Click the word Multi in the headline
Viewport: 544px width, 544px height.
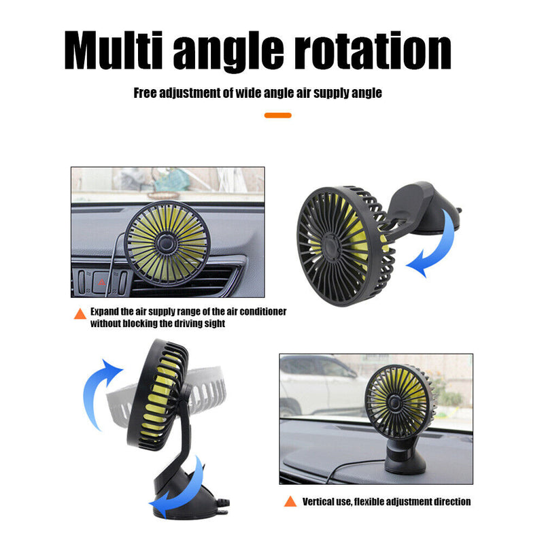[x=114, y=50]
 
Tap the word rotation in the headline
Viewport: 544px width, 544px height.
[x=373, y=50]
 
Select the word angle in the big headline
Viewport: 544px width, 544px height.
[x=228, y=52]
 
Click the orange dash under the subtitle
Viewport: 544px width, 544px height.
[x=278, y=115]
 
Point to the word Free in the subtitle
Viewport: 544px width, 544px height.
[x=145, y=92]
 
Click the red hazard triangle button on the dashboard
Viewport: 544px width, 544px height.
[x=101, y=282]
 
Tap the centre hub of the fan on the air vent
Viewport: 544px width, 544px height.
[x=167, y=243]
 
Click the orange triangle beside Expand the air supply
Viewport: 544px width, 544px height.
[x=80, y=313]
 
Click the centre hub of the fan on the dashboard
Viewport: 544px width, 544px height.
[x=394, y=403]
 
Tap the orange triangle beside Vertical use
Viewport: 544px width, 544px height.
[x=290, y=501]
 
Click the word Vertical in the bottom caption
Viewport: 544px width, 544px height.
[x=316, y=502]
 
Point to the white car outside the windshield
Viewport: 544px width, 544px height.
[x=319, y=384]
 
